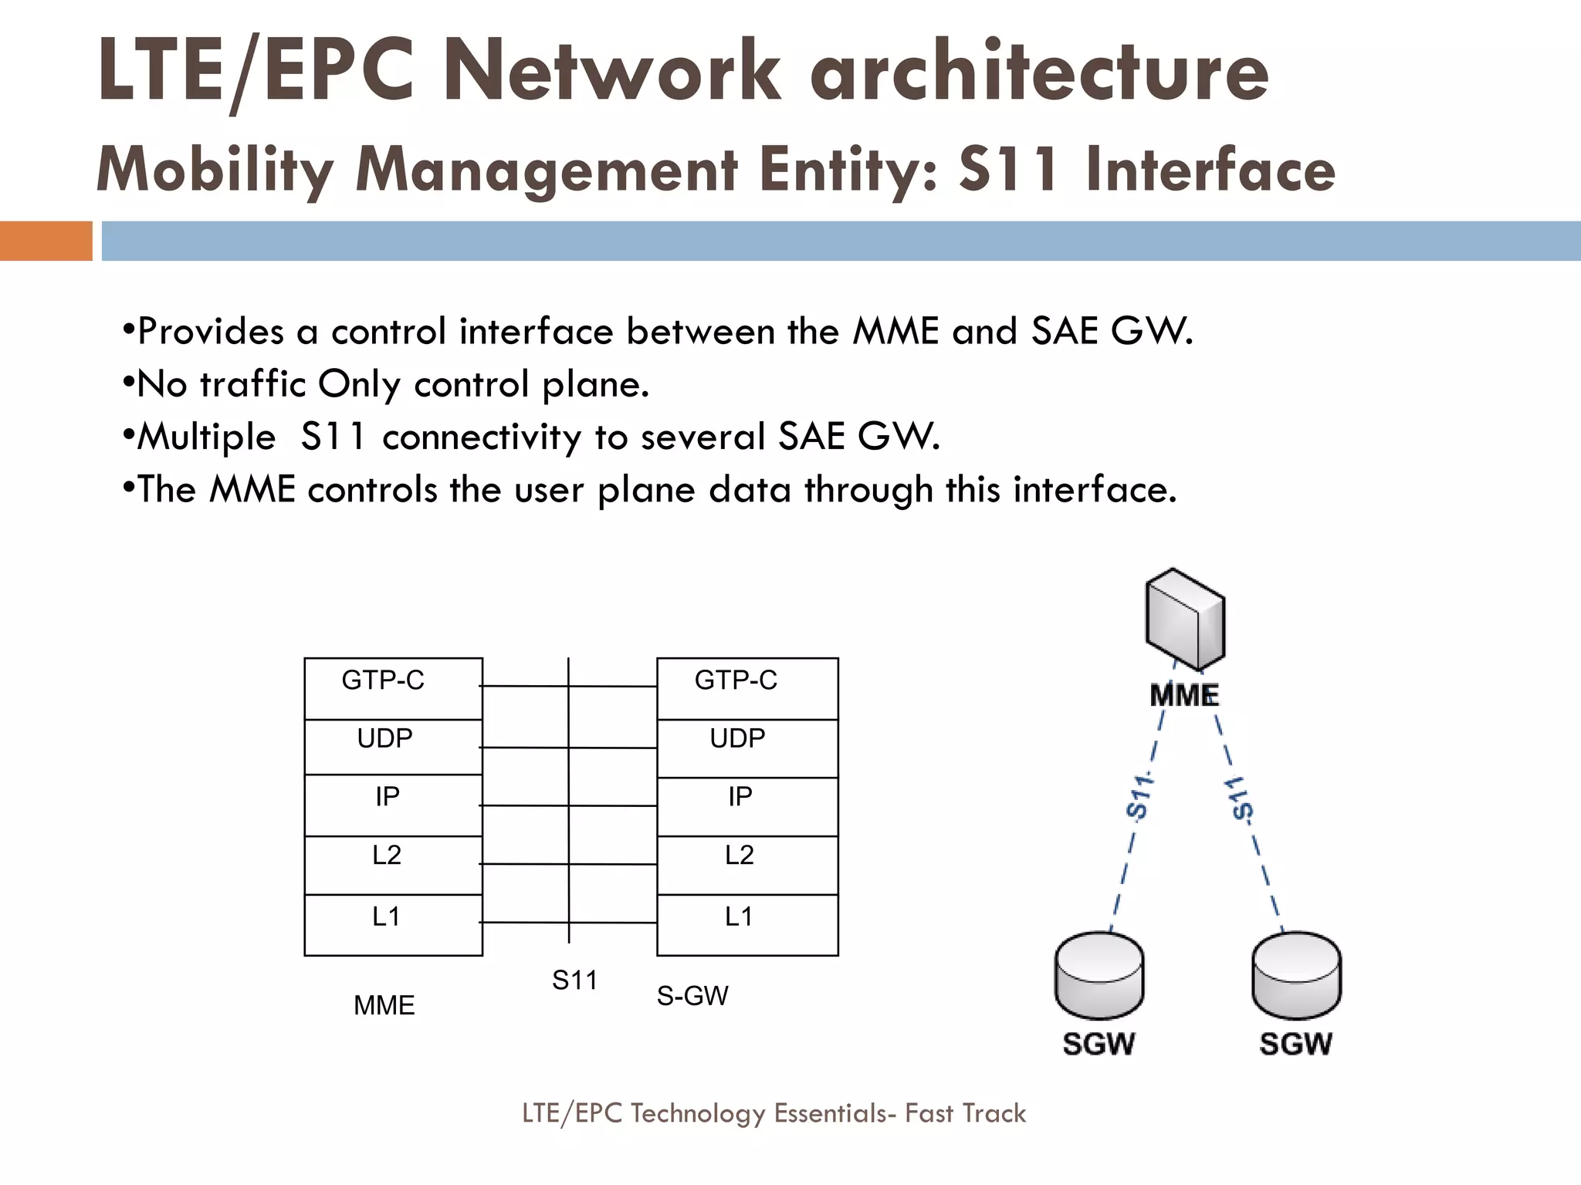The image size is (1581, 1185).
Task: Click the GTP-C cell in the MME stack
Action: point(393,688)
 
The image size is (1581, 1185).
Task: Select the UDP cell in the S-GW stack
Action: point(746,748)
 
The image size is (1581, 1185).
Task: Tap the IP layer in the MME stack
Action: point(393,805)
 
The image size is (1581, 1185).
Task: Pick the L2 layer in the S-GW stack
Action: point(746,864)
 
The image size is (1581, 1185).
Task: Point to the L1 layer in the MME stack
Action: point(393,924)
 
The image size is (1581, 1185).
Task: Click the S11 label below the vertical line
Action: point(574,981)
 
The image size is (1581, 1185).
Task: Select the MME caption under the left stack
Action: point(384,1005)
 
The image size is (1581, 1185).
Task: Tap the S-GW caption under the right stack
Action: point(692,996)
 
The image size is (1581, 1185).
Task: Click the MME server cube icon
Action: point(1185,620)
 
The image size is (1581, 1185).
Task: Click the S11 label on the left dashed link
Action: point(1139,795)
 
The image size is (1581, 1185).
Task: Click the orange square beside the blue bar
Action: point(46,241)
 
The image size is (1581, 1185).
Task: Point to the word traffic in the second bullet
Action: point(252,384)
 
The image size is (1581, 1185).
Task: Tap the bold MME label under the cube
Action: point(1184,696)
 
